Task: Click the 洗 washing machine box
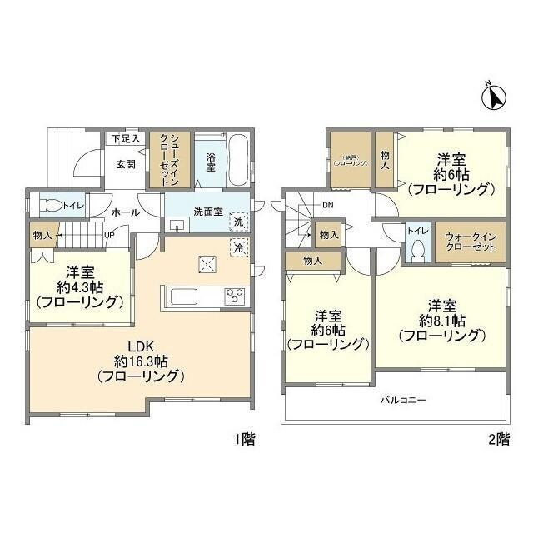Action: [x=237, y=222]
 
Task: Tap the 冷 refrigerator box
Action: [x=237, y=247]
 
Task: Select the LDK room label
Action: [x=139, y=346]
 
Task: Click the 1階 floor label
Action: [x=242, y=440]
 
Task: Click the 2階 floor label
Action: [x=497, y=440]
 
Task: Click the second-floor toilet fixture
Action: [x=418, y=250]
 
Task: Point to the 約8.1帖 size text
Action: [x=441, y=321]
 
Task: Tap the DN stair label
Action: [x=327, y=205]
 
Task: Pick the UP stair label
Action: [x=109, y=235]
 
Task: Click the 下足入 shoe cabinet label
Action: [x=124, y=138]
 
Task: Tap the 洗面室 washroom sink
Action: [x=177, y=225]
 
